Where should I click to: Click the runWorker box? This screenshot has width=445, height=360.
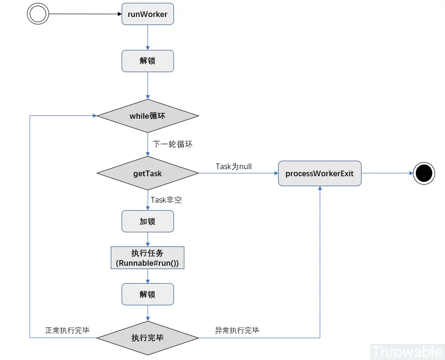click(148, 14)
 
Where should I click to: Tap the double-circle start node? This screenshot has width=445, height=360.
click(38, 14)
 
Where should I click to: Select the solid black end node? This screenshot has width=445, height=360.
click(424, 173)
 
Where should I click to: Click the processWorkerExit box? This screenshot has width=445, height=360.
click(320, 173)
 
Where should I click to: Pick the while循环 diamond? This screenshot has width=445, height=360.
click(148, 116)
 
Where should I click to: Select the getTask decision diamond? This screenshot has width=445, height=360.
click(148, 173)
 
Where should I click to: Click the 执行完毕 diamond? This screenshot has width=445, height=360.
click(148, 338)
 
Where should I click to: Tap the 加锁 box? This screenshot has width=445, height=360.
click(148, 221)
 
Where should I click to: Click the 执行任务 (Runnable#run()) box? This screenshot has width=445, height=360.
click(148, 258)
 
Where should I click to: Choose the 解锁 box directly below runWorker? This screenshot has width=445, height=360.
click(148, 61)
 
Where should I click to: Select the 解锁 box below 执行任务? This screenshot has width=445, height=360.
click(148, 295)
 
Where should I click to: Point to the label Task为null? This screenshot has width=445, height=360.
click(234, 166)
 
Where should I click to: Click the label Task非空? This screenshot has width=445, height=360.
click(166, 200)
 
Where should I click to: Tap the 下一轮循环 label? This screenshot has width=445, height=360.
click(173, 144)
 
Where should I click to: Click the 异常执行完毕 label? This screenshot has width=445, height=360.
click(237, 330)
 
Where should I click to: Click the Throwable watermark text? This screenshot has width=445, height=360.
click(406, 352)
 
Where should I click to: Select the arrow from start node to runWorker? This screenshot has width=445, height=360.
click(85, 14)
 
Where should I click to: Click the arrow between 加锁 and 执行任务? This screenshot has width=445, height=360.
click(148, 239)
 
